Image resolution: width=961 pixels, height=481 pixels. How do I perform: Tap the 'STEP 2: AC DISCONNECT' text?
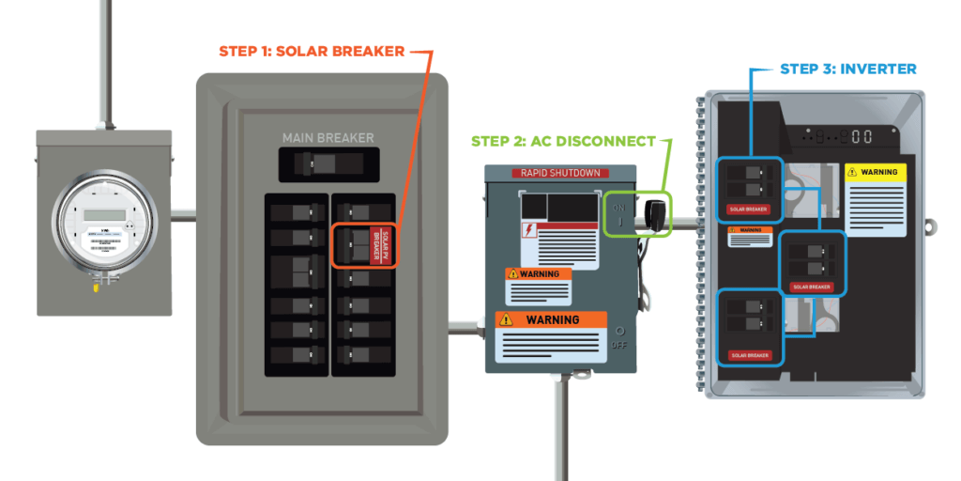tap(563, 142)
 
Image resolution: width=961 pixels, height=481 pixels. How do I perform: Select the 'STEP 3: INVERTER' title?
tap(847, 69)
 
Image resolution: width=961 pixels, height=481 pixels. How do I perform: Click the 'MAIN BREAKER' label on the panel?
tap(328, 138)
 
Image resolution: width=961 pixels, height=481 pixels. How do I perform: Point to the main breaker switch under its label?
tap(328, 165)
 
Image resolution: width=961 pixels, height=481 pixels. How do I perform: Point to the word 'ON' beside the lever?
tap(618, 208)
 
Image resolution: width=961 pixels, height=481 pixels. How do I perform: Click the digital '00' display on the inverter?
tap(862, 136)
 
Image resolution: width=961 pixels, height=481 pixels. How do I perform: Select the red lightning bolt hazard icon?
tap(529, 232)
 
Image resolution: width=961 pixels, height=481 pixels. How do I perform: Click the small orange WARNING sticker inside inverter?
tap(750, 230)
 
